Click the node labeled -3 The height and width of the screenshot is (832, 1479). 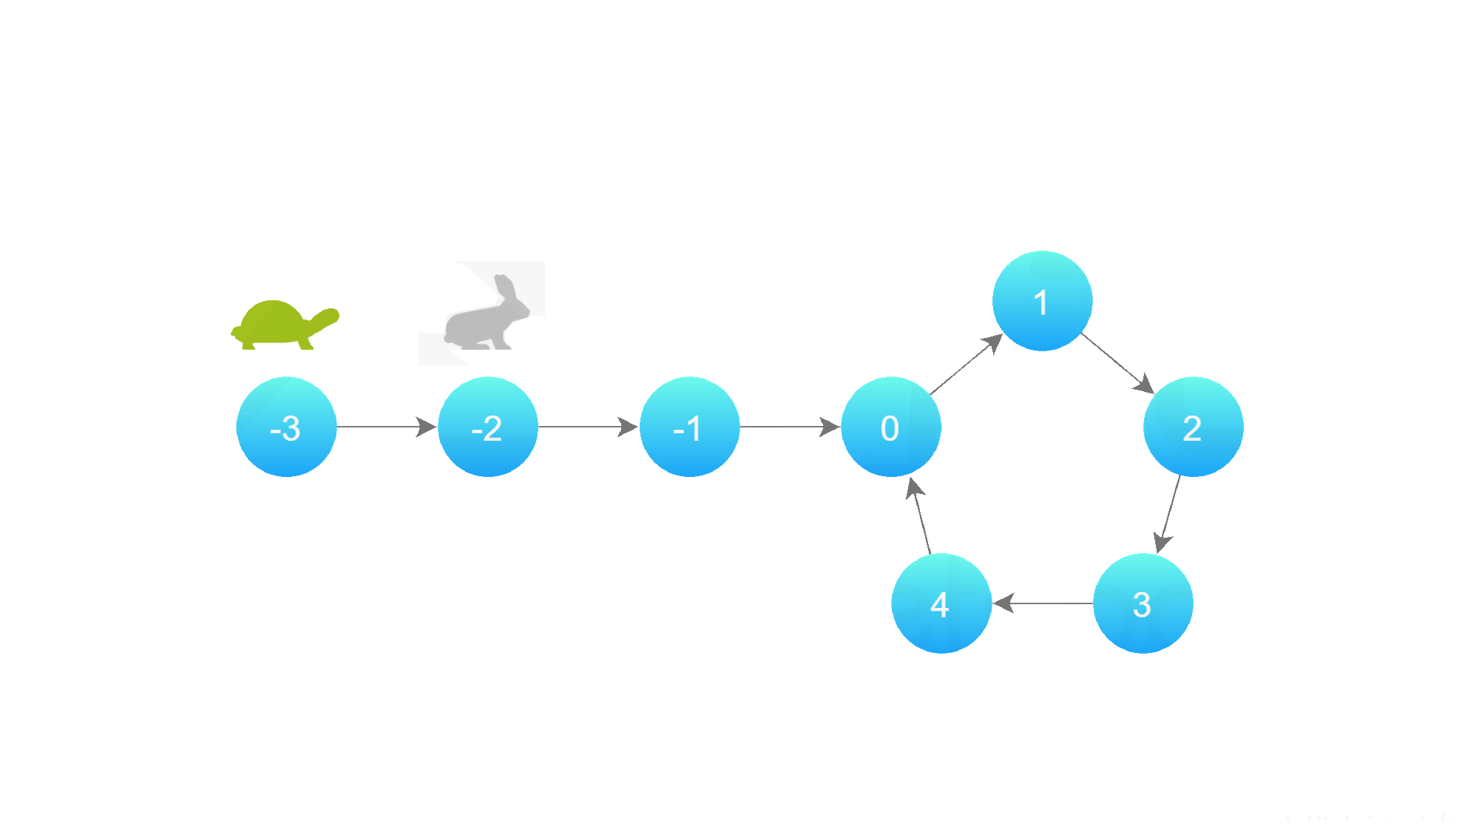(x=286, y=427)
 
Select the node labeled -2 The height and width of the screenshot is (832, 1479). (x=488, y=427)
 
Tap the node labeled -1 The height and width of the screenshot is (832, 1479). (x=689, y=427)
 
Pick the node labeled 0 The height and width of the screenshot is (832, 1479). (x=891, y=427)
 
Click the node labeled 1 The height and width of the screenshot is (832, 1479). (x=1042, y=301)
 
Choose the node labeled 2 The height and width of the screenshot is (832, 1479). (x=1194, y=427)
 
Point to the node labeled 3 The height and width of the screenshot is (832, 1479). (x=1143, y=603)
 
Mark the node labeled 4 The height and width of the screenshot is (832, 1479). (x=941, y=603)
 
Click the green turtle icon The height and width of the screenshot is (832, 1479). (x=285, y=325)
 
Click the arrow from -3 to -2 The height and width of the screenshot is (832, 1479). (x=387, y=427)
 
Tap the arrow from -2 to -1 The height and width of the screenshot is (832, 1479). (x=589, y=427)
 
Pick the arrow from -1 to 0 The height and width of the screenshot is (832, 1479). (x=790, y=427)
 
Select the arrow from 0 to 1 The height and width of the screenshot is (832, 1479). (x=967, y=364)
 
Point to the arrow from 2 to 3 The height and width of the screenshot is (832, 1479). (x=1168, y=514)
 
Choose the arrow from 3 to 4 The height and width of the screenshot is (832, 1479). (x=1043, y=603)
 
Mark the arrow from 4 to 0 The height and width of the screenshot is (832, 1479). (x=918, y=515)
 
